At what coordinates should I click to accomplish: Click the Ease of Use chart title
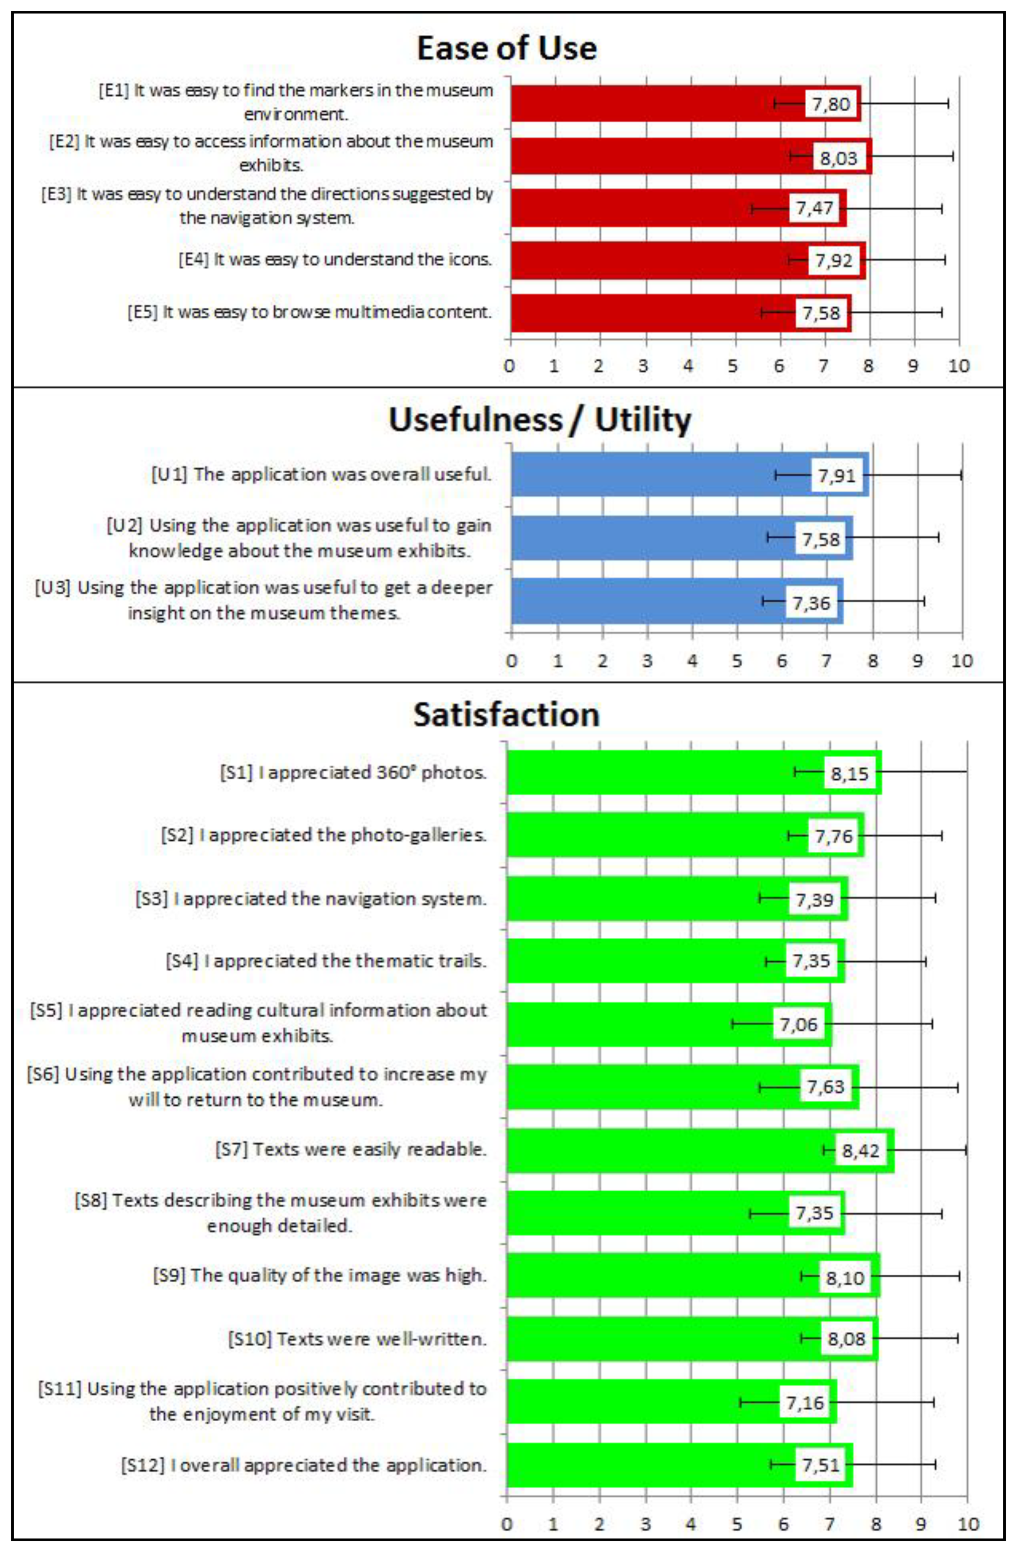point(507,48)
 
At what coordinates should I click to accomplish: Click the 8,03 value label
point(838,158)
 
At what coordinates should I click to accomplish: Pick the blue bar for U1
point(653,475)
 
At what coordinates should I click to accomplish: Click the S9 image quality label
point(320,1275)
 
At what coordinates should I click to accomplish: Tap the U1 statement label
point(321,474)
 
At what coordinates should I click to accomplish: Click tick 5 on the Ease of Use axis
point(732,366)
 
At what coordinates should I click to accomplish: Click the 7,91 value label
point(836,476)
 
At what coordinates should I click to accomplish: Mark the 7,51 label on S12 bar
point(821,1465)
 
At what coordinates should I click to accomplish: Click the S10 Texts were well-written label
point(357,1339)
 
